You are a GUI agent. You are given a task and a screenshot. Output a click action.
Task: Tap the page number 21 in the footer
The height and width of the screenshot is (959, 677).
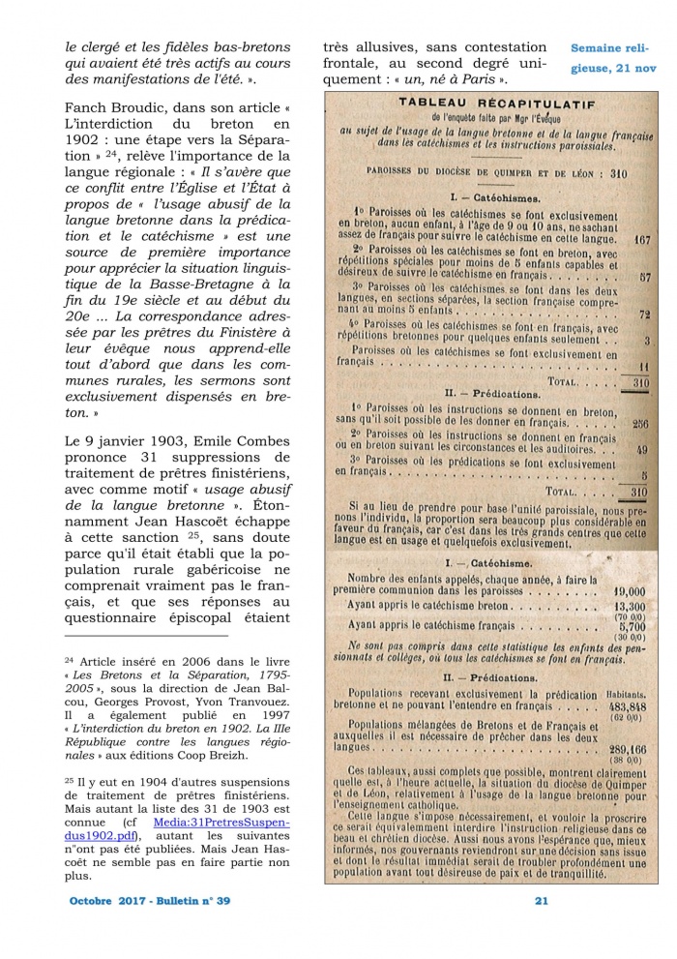542,901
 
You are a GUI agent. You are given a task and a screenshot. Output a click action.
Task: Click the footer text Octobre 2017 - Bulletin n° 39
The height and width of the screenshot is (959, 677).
150,901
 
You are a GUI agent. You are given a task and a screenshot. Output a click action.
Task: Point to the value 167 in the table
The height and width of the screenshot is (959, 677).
637,237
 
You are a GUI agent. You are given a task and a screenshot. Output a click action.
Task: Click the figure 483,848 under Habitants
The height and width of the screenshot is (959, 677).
626,705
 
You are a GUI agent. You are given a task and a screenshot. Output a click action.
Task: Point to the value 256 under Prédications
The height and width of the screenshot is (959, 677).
637,423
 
